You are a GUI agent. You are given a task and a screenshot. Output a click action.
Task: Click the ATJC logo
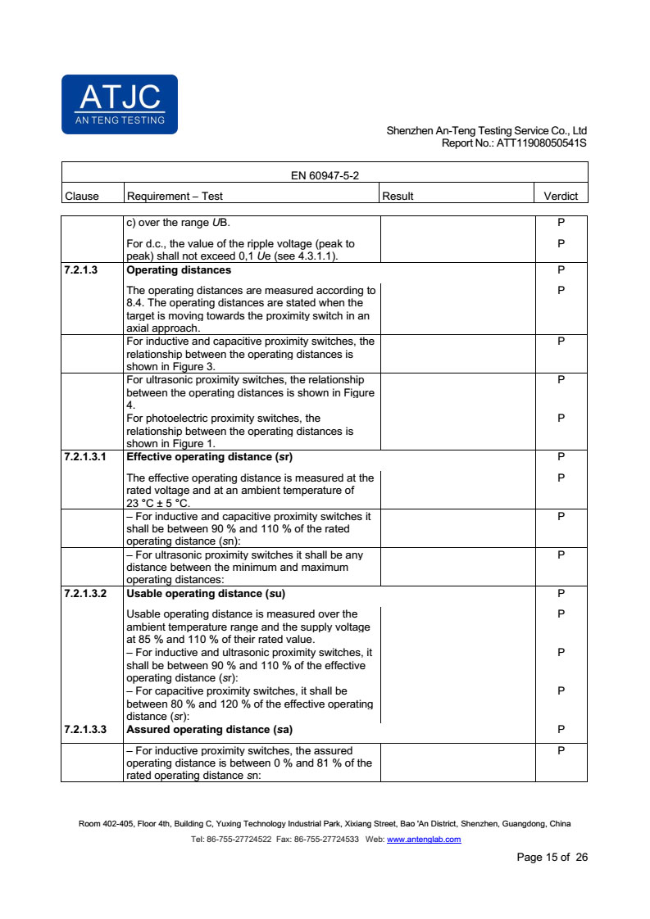[119, 104]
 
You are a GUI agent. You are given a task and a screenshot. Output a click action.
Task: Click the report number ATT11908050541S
[541, 143]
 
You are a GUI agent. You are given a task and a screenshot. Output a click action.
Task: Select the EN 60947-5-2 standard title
[325, 175]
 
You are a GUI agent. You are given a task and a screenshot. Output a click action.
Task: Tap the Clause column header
[81, 196]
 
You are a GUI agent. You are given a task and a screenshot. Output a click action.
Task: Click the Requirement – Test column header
[174, 196]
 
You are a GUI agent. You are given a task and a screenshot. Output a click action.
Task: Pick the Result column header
[398, 196]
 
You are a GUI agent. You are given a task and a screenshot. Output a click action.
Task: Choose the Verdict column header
[561, 196]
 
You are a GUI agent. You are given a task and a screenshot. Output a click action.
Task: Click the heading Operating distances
[178, 270]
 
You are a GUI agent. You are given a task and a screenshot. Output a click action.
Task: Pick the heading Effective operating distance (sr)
[209, 457]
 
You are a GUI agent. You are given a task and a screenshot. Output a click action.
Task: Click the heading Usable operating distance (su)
[206, 593]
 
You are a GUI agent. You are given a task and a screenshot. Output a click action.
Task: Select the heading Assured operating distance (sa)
[209, 729]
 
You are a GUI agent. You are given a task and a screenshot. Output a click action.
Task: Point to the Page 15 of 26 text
[552, 858]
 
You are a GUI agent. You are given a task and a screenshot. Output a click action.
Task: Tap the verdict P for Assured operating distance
[561, 729]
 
